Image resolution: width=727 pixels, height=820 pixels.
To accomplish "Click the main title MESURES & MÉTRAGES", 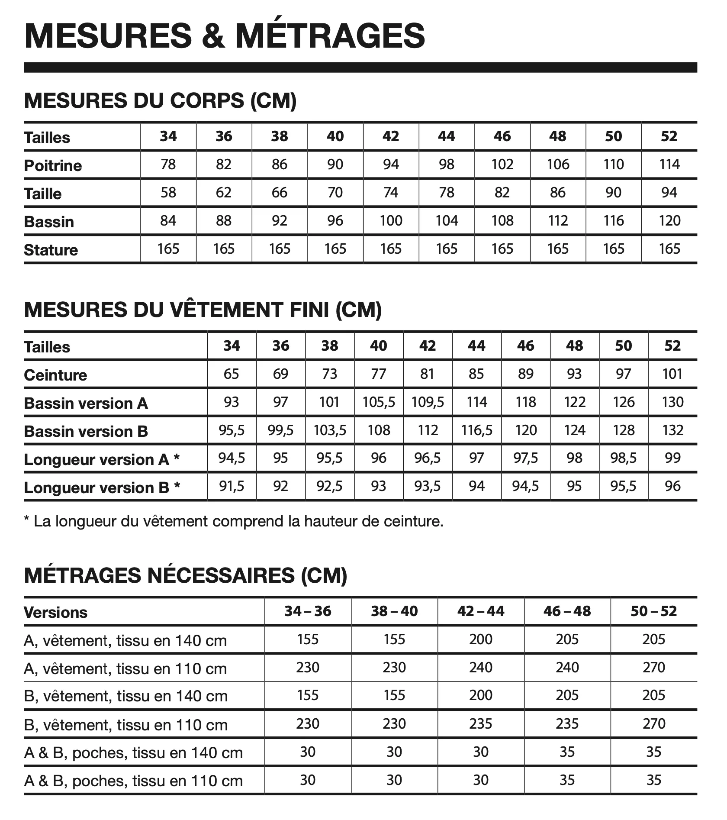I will coord(225,36).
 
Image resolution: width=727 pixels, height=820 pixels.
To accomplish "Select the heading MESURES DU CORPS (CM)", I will coord(160,100).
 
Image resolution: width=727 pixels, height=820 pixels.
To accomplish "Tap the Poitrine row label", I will coord(53,165).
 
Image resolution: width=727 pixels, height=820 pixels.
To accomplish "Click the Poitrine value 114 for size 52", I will coord(669,165).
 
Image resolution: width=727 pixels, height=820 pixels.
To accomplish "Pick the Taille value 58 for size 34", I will coord(168,193).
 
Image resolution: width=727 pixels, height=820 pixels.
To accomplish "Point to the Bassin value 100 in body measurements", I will coord(391,221).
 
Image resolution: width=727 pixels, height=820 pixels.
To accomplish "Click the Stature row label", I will coord(51,250).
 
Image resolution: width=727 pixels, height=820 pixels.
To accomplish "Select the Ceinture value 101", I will coord(672,374).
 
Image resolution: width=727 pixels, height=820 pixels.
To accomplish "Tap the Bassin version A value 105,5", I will coord(379,402).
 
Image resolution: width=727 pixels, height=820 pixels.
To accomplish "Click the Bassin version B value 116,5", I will coord(476,430).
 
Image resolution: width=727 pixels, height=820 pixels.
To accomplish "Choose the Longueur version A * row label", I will coord(102,459).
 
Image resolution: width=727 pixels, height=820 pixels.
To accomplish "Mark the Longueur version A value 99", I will coord(672,458).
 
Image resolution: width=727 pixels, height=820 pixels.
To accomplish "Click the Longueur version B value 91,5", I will coord(232,486).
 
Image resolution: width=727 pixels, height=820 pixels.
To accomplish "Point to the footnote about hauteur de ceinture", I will coord(234,521).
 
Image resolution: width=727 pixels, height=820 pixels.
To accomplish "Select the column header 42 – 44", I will coord(481,611).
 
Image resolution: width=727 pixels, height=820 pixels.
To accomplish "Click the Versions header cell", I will coord(55,612).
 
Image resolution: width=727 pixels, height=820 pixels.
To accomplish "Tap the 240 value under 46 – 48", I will coord(567,667).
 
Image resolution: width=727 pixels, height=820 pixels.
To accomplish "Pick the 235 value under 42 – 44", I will coord(481,723).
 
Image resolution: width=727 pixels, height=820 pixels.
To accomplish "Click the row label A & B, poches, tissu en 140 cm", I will coord(133,753).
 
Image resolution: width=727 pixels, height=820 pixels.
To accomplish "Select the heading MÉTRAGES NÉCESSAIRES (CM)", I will coord(186,575).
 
